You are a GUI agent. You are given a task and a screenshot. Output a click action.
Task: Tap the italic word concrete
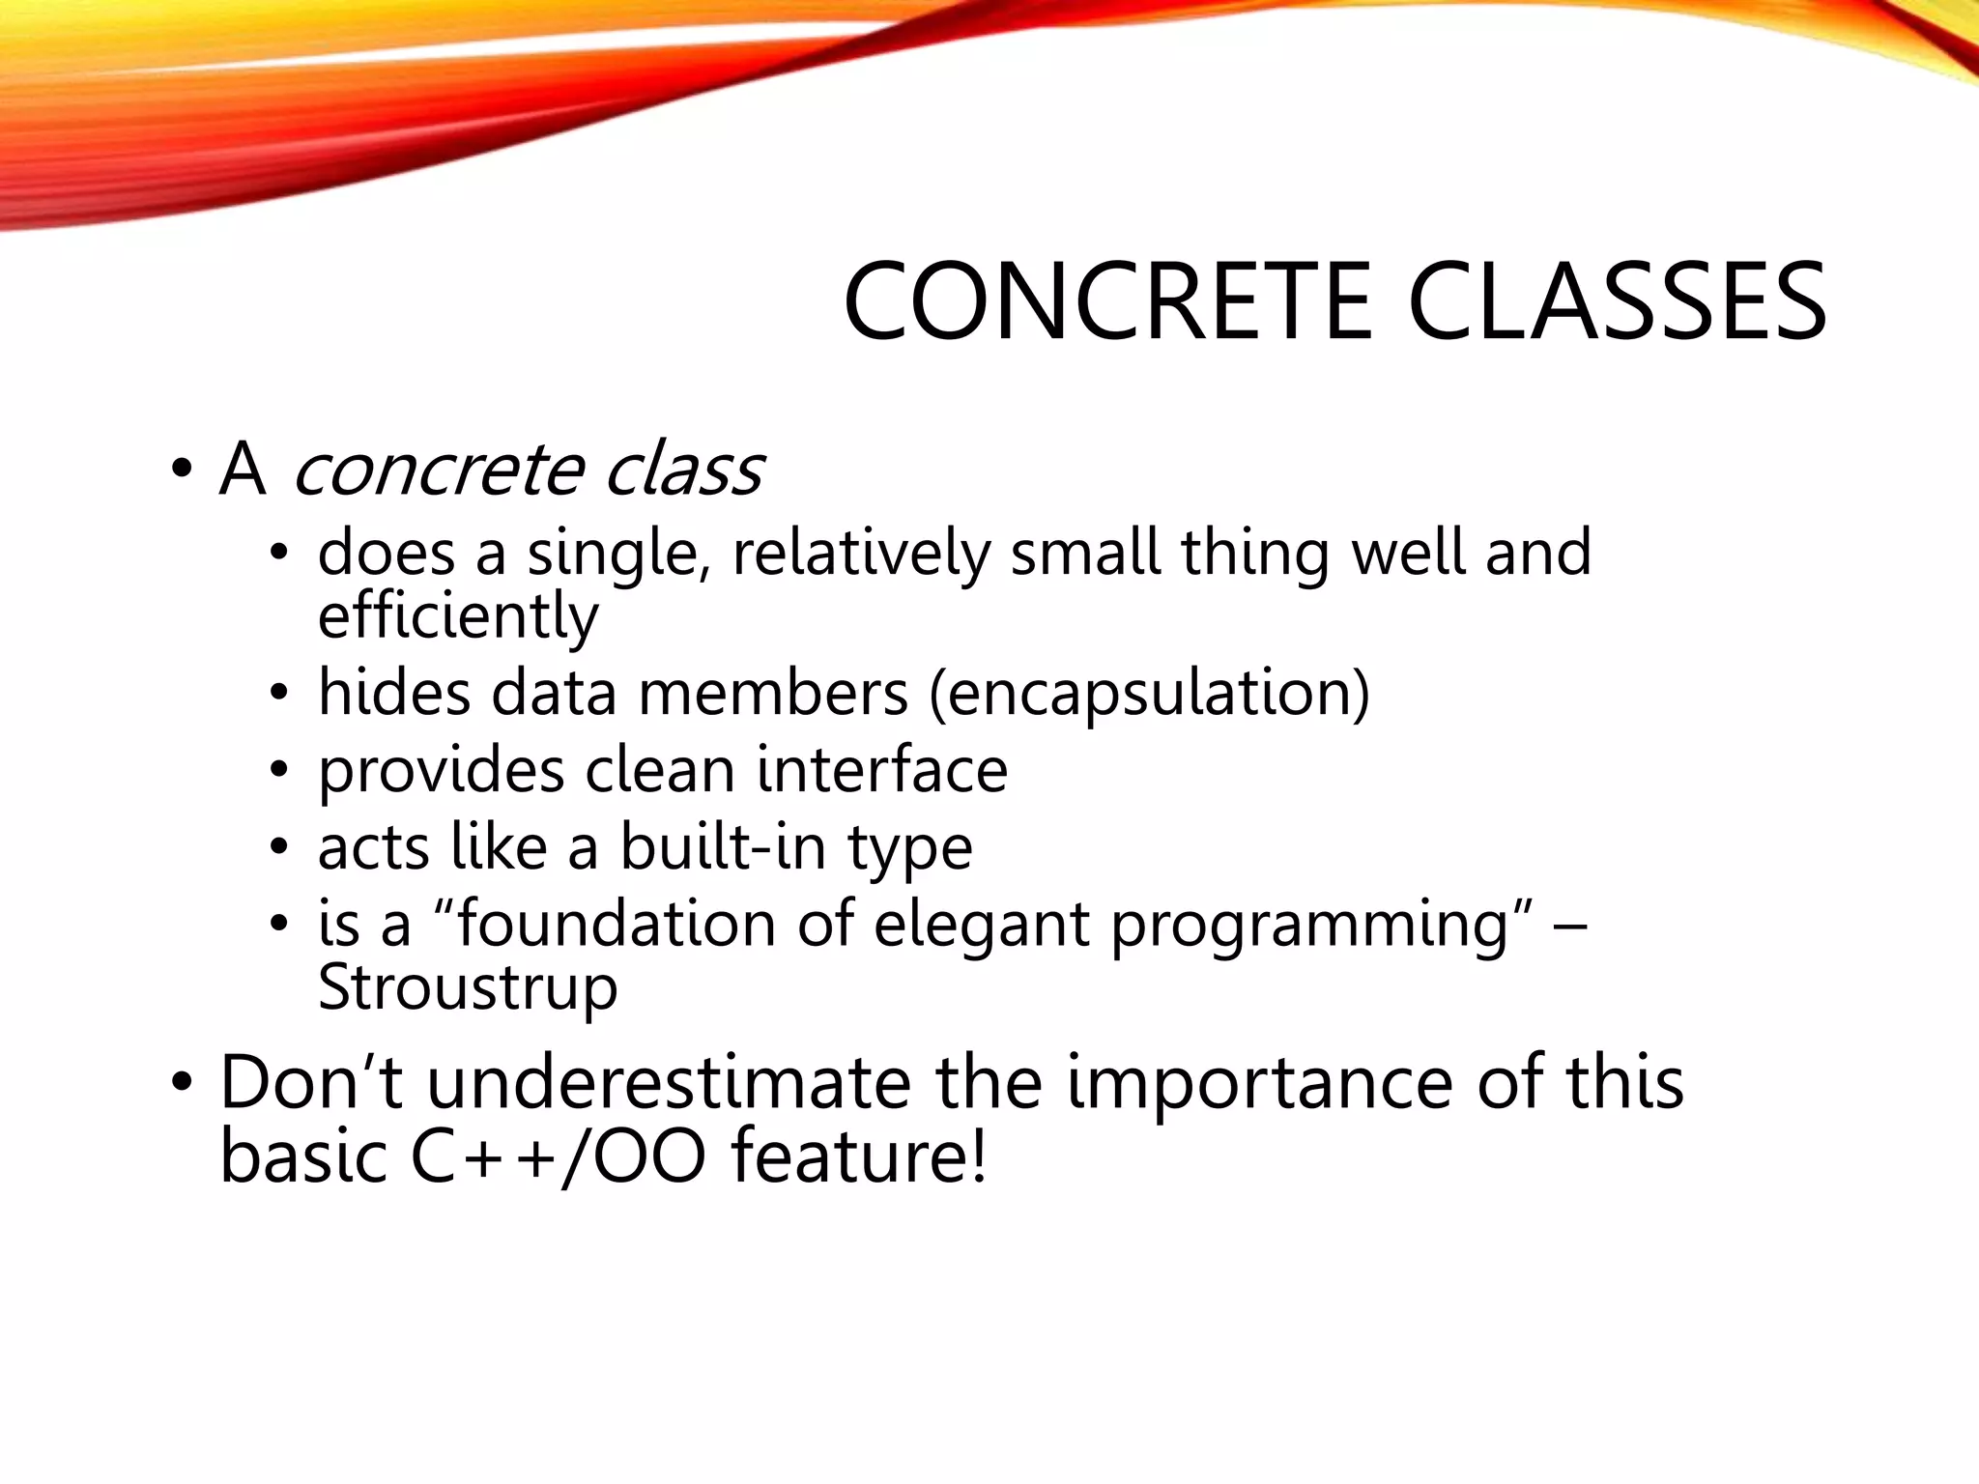pos(438,471)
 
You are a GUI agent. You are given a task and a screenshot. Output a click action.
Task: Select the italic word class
pos(684,471)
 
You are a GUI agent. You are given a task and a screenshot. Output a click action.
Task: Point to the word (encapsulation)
pos(1149,694)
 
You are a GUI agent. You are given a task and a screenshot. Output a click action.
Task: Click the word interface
pos(882,770)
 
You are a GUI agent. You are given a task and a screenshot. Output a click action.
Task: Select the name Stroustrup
pos(468,987)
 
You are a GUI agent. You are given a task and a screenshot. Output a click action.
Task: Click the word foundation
pos(616,924)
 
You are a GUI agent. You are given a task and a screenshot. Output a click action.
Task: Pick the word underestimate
pos(669,1083)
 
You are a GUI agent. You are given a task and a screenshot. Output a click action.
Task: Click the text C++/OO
pos(559,1157)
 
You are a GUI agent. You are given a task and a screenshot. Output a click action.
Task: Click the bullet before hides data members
pos(279,695)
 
